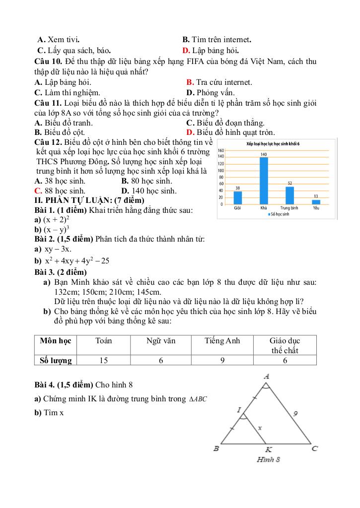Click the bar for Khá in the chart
coord(264,181)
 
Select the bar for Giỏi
coord(238,197)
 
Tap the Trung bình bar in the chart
coord(289,195)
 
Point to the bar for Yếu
coord(316,202)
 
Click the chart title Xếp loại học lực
coord(276,143)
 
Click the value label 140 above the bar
coord(264,155)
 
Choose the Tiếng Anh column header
coord(222,341)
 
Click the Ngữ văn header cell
coord(161,341)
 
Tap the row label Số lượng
coord(56,361)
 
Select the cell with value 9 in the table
coord(222,361)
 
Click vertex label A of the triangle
coord(267,377)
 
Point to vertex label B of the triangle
coord(216,448)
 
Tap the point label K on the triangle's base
coord(268,449)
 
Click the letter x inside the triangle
coord(259,427)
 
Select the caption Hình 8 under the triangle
coord(269,459)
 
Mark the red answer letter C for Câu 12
coord(37,190)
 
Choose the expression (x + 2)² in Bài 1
coord(56,220)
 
